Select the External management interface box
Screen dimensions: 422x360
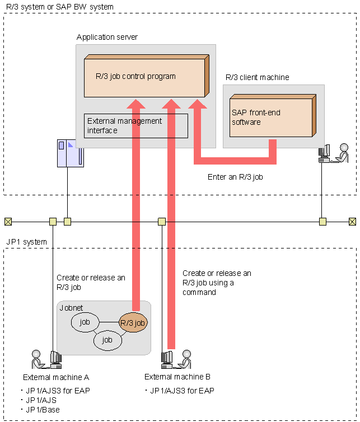point(136,125)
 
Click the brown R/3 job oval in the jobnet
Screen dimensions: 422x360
point(132,323)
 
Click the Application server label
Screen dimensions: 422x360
point(107,37)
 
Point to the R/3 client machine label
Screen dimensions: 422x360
point(257,77)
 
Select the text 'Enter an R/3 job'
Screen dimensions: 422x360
point(235,177)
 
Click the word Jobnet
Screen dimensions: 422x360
point(71,308)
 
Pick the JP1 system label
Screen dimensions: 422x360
point(26,241)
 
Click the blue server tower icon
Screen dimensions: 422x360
point(70,153)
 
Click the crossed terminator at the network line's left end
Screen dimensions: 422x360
point(8,221)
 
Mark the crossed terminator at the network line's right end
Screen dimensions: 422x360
point(352,222)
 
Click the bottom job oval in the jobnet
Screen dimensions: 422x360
point(107,340)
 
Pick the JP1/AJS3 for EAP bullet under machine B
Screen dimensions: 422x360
point(181,391)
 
